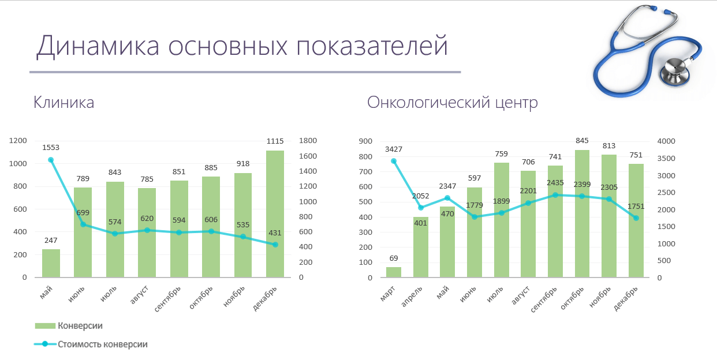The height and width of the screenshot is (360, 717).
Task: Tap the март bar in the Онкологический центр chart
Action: pyautogui.click(x=393, y=272)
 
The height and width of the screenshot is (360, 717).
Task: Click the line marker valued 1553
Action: pyautogui.click(x=51, y=160)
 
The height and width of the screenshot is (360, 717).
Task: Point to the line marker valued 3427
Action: pyautogui.click(x=394, y=161)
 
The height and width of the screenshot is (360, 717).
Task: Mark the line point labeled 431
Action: pyautogui.click(x=275, y=245)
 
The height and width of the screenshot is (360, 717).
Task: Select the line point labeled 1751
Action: pyautogui.click(x=636, y=218)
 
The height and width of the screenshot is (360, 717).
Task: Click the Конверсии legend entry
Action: pyautogui.click(x=69, y=326)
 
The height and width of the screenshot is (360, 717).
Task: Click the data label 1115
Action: pyautogui.click(x=275, y=141)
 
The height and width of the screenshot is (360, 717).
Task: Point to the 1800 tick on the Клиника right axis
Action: pyautogui.click(x=308, y=141)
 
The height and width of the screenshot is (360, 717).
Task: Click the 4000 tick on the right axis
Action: pyautogui.click(x=666, y=141)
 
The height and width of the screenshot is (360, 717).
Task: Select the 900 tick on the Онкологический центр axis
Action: pyautogui.click(x=366, y=141)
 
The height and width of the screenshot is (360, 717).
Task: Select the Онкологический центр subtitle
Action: pyautogui.click(x=453, y=103)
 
